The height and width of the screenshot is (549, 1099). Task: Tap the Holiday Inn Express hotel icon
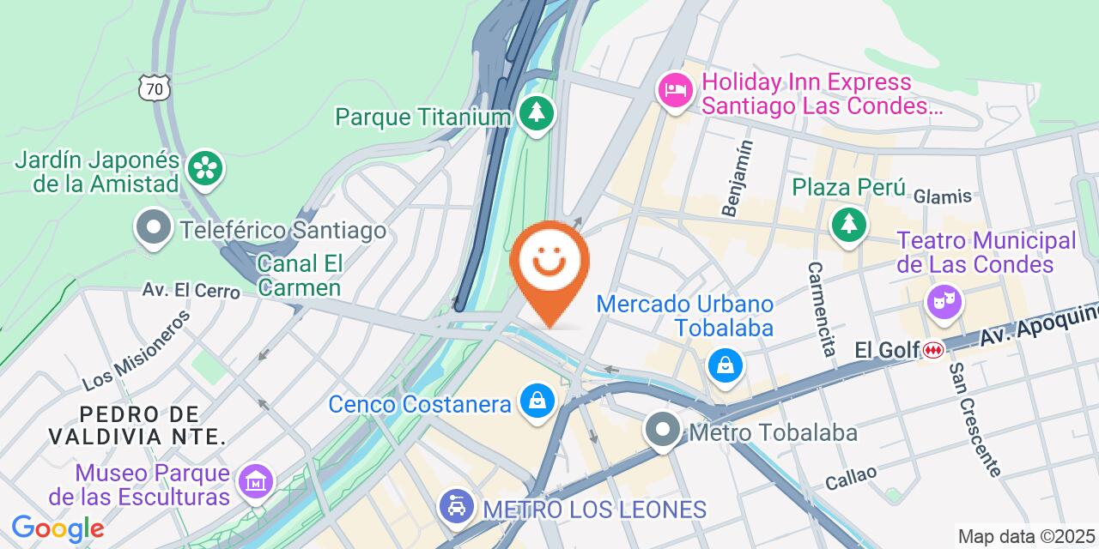click(x=676, y=90)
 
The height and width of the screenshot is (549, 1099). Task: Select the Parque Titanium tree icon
click(x=537, y=113)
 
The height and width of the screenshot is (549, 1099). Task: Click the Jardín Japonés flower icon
click(x=206, y=168)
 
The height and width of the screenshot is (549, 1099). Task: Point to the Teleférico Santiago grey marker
click(x=155, y=229)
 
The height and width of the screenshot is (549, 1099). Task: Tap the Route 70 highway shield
click(x=156, y=87)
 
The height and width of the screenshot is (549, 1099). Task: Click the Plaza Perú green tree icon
click(x=848, y=225)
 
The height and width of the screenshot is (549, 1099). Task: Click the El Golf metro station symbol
click(x=933, y=350)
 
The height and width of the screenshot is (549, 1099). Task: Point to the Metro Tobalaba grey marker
click(x=662, y=431)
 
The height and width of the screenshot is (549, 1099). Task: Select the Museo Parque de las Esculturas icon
click(x=256, y=483)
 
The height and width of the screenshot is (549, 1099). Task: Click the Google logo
click(x=58, y=528)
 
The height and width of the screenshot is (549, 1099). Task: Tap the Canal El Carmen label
click(x=300, y=274)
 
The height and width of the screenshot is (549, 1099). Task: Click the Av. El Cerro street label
click(x=191, y=290)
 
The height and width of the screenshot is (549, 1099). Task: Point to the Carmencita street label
click(x=820, y=309)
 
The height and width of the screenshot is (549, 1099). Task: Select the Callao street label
click(x=851, y=477)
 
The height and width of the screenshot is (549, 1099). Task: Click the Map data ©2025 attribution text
click(x=1027, y=537)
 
